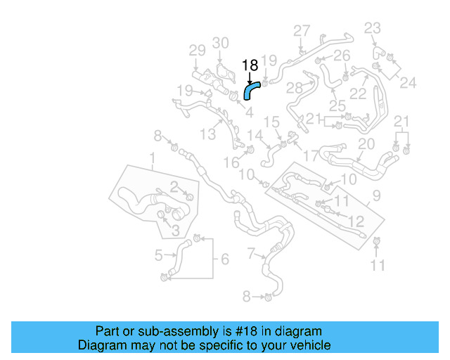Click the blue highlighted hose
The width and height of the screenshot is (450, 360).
250,90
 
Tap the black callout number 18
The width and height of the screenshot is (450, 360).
250,65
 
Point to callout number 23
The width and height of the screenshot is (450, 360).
372,28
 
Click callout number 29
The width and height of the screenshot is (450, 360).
197,50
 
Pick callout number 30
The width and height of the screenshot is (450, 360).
221,43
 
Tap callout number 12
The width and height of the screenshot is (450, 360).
356,221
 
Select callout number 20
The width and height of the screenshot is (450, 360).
366,144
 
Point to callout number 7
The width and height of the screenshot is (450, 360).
252,253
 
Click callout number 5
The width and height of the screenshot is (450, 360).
159,255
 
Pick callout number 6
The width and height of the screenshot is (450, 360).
224,259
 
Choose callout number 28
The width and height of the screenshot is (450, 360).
294,88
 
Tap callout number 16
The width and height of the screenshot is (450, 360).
231,162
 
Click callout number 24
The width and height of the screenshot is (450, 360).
408,82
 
